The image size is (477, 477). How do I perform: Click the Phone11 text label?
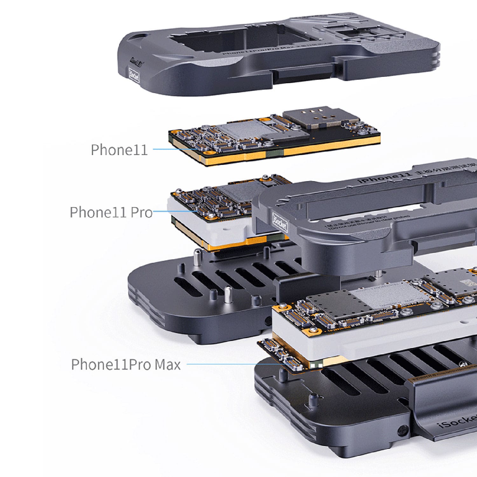tap(119, 149)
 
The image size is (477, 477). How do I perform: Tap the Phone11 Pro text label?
tap(111, 212)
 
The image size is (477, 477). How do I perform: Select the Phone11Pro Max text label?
tap(126, 364)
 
